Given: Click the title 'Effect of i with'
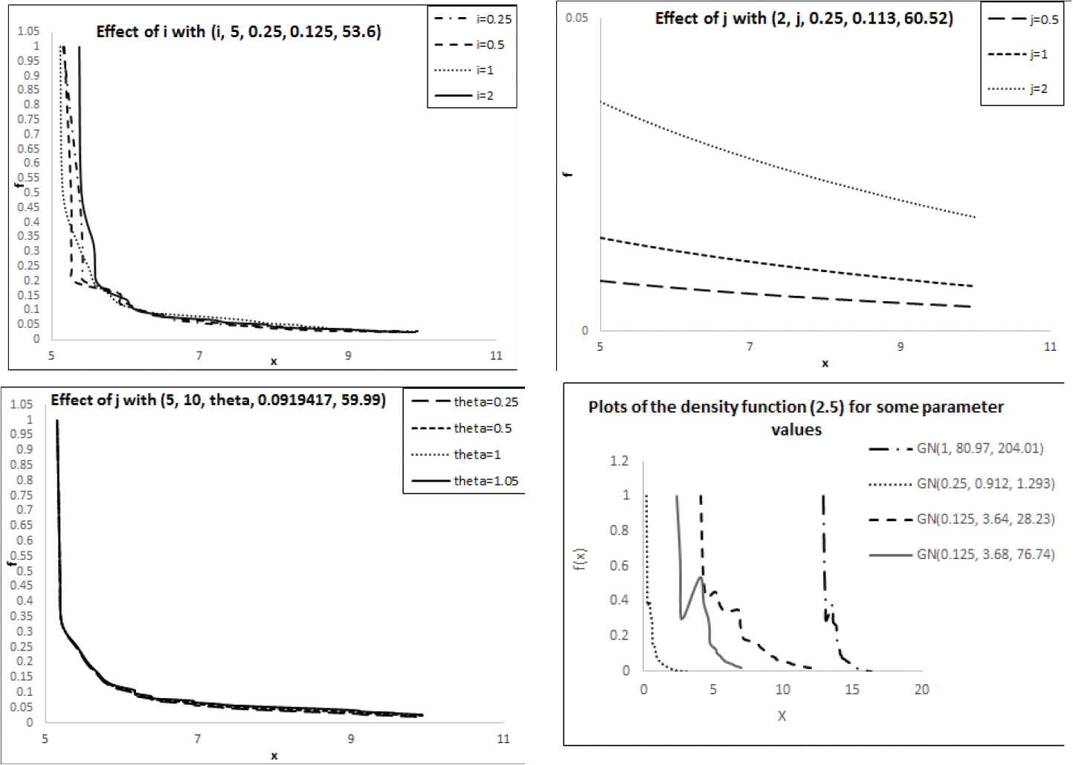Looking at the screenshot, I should tap(239, 33).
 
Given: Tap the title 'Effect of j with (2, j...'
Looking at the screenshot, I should tap(803, 19).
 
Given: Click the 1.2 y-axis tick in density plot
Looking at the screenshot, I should tap(619, 461).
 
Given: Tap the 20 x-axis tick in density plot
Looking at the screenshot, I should tap(922, 690).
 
